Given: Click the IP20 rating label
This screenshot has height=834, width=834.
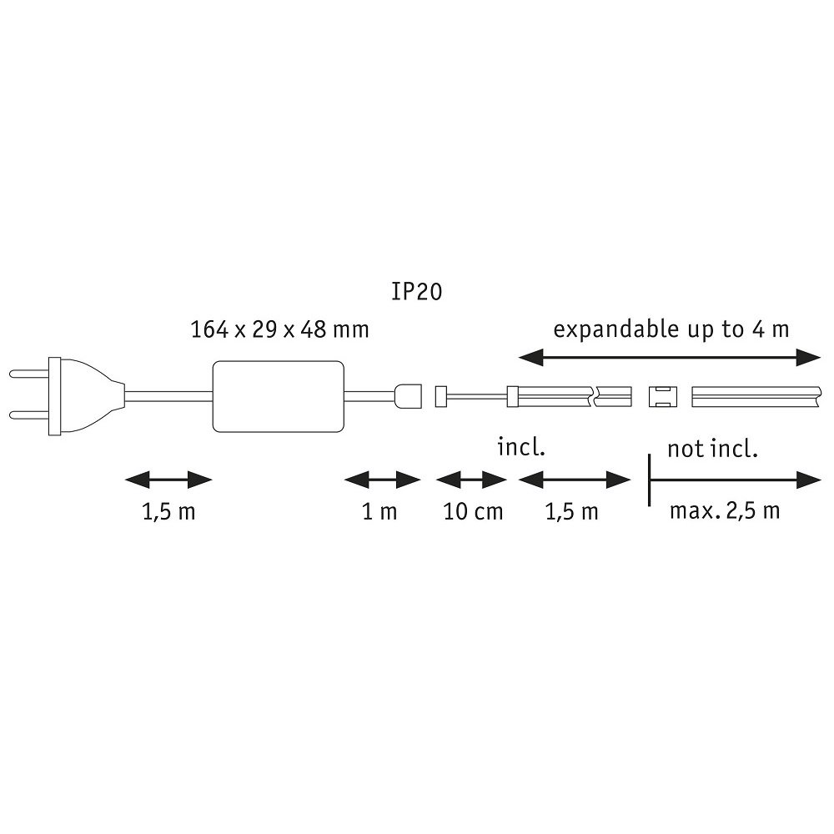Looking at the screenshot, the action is coord(416,291).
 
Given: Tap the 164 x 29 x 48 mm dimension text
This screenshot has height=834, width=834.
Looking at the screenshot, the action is coord(279,329).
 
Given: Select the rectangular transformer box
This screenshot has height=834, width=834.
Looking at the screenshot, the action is coord(279,396).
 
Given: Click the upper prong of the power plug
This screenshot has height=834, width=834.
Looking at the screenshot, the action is coord(29,374).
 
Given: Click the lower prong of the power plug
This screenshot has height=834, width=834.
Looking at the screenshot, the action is coord(29,414).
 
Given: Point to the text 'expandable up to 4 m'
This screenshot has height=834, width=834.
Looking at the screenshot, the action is coord(671,329).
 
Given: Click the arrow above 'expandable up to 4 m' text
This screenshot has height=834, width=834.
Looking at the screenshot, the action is coord(670,358).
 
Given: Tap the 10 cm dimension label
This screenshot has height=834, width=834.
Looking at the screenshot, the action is coord(473,512).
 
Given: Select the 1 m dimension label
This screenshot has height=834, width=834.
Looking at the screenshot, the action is coord(379,512).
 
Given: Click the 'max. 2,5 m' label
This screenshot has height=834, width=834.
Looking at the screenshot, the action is coord(725,511).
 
